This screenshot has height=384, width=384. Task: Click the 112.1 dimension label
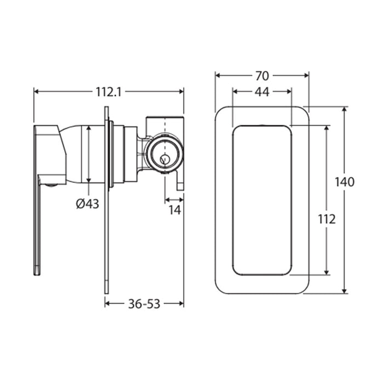point(108,92)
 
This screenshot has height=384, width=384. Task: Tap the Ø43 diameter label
point(87,204)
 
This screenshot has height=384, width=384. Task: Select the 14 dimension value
point(174,210)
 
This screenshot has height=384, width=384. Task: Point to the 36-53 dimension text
point(144,304)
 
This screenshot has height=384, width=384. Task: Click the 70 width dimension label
point(262,76)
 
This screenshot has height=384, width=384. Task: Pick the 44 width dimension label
point(262,92)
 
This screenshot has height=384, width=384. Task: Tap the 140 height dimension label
point(345,182)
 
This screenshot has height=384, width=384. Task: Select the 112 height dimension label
point(327,219)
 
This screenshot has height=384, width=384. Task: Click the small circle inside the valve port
point(164,160)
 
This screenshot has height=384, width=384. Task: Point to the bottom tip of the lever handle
point(37,274)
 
